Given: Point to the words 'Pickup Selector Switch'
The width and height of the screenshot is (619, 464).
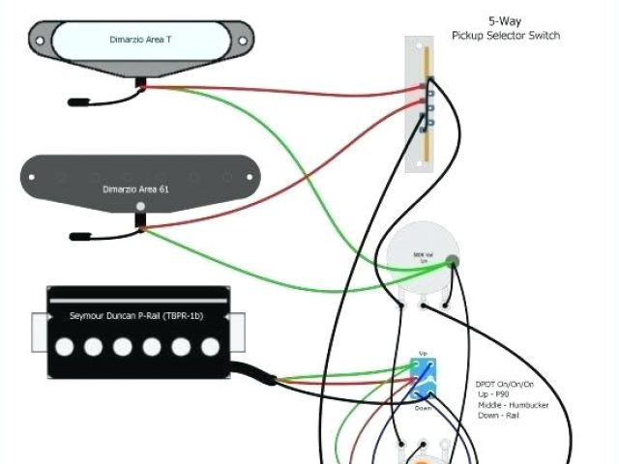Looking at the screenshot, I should [x=505, y=36].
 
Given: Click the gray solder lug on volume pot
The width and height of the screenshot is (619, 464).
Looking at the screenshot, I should [x=454, y=259].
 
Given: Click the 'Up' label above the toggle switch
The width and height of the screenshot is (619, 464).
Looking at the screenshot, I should [x=423, y=354].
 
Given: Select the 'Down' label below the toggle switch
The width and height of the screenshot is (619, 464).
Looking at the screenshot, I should [x=423, y=408].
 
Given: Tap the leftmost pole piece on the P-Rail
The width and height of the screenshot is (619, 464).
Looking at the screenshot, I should [x=68, y=345].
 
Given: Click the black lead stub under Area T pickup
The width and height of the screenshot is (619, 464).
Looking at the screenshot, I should [x=77, y=100].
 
